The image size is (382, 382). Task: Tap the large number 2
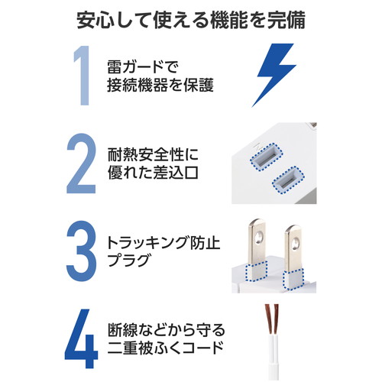pos(81,163)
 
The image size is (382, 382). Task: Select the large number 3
pos(82,251)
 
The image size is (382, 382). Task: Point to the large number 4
pos(81,338)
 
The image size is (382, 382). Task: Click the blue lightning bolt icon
pos(274,75)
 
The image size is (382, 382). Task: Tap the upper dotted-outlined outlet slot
pos(267,157)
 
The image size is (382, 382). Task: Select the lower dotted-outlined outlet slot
pos(288,180)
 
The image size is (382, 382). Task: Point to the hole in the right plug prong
pos(296,243)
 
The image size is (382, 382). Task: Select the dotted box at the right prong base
pos(293,279)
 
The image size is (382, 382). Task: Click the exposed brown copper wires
pos(272,319)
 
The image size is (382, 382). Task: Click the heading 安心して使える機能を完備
pos(191,20)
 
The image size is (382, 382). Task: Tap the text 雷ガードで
pos(143,67)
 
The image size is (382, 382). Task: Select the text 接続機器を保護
pos(160,85)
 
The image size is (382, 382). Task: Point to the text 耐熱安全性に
pos(153,154)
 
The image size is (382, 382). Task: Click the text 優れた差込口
pos(153,173)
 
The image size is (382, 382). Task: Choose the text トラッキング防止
pos(163,243)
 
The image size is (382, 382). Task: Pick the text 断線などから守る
pos(167,330)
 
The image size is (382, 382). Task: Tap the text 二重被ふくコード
pos(166,348)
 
